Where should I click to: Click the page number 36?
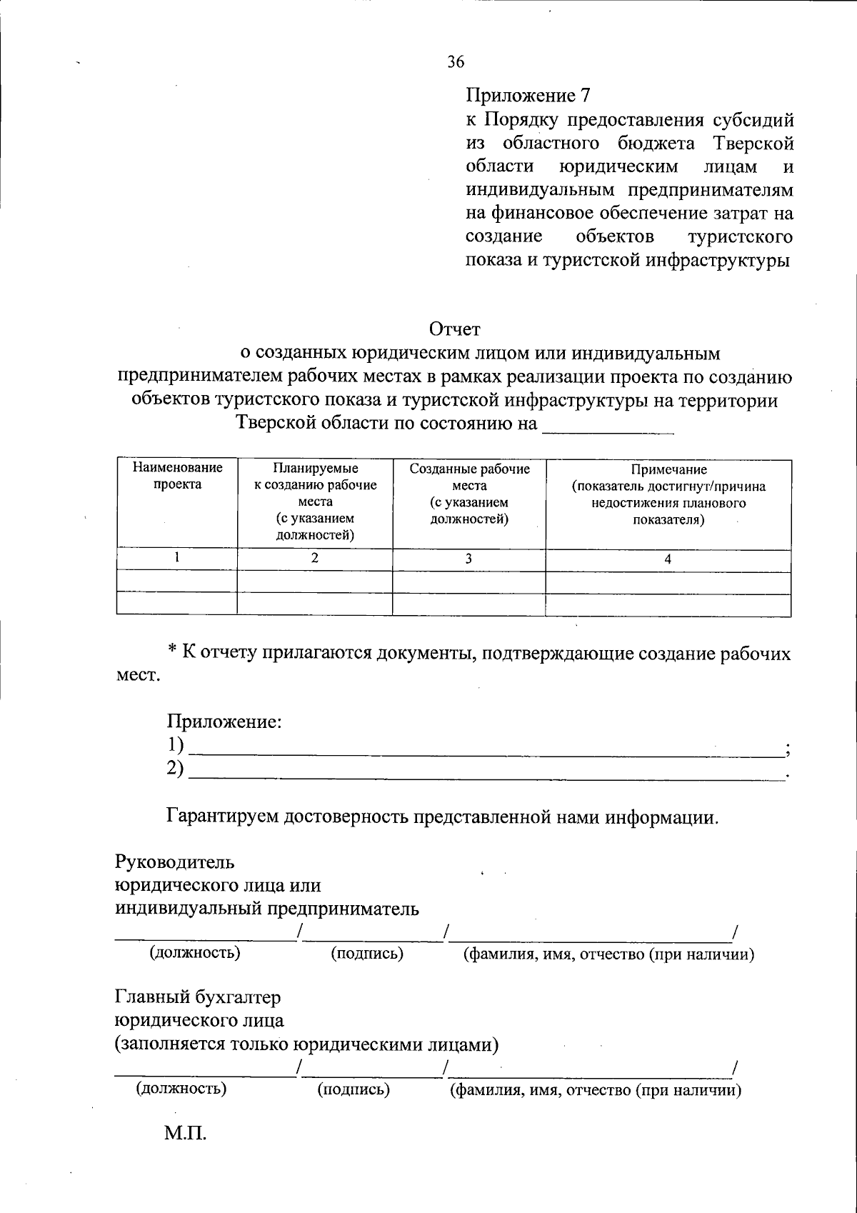[456, 62]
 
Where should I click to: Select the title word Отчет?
[455, 329]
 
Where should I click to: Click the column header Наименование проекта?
[177, 476]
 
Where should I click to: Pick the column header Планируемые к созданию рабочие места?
[315, 501]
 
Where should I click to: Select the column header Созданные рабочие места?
[469, 494]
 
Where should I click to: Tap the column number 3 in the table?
[468, 559]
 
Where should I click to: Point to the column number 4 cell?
[668, 559]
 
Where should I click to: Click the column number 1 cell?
[176, 558]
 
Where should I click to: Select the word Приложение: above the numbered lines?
[225, 722]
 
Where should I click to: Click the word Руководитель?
[175, 862]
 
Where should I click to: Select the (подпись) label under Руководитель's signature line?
[367, 954]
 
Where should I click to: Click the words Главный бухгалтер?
[199, 997]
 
